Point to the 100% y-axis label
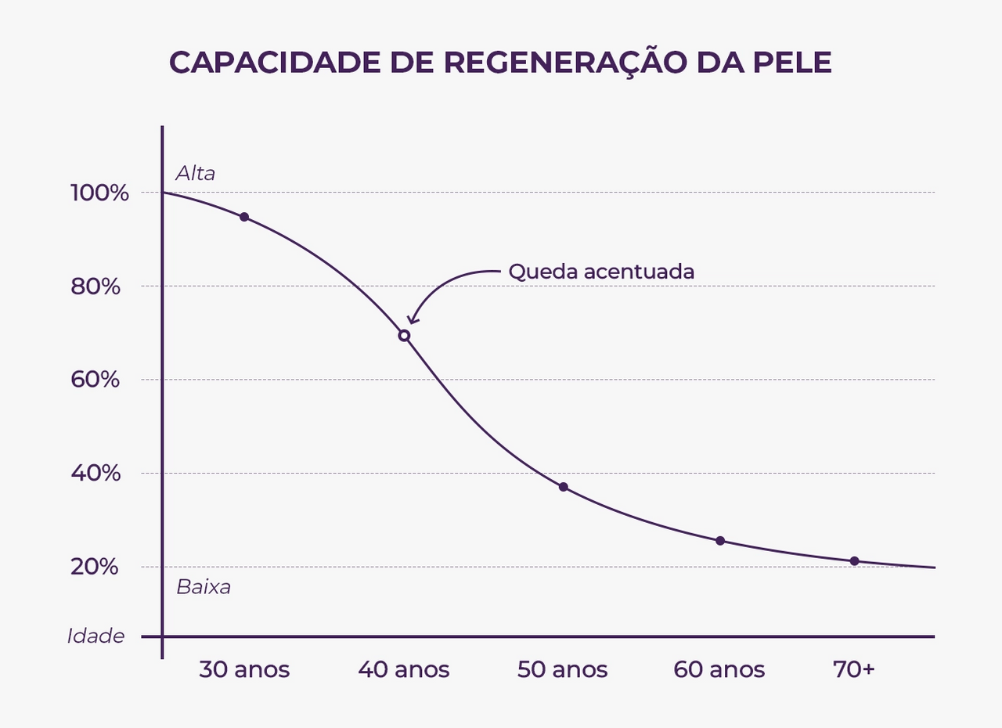coord(99,193)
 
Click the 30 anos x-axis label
coord(243,670)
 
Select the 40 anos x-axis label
coord(404,670)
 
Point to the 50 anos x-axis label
coord(562,670)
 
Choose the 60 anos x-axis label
coord(719,670)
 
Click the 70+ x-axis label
coord(853,670)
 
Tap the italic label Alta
coord(195,173)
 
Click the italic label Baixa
coord(204,587)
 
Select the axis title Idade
coord(96,636)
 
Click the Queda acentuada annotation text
coord(601,272)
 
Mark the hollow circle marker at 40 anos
coord(404,336)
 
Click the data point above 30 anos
coord(244,217)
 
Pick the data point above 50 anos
coord(563,487)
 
